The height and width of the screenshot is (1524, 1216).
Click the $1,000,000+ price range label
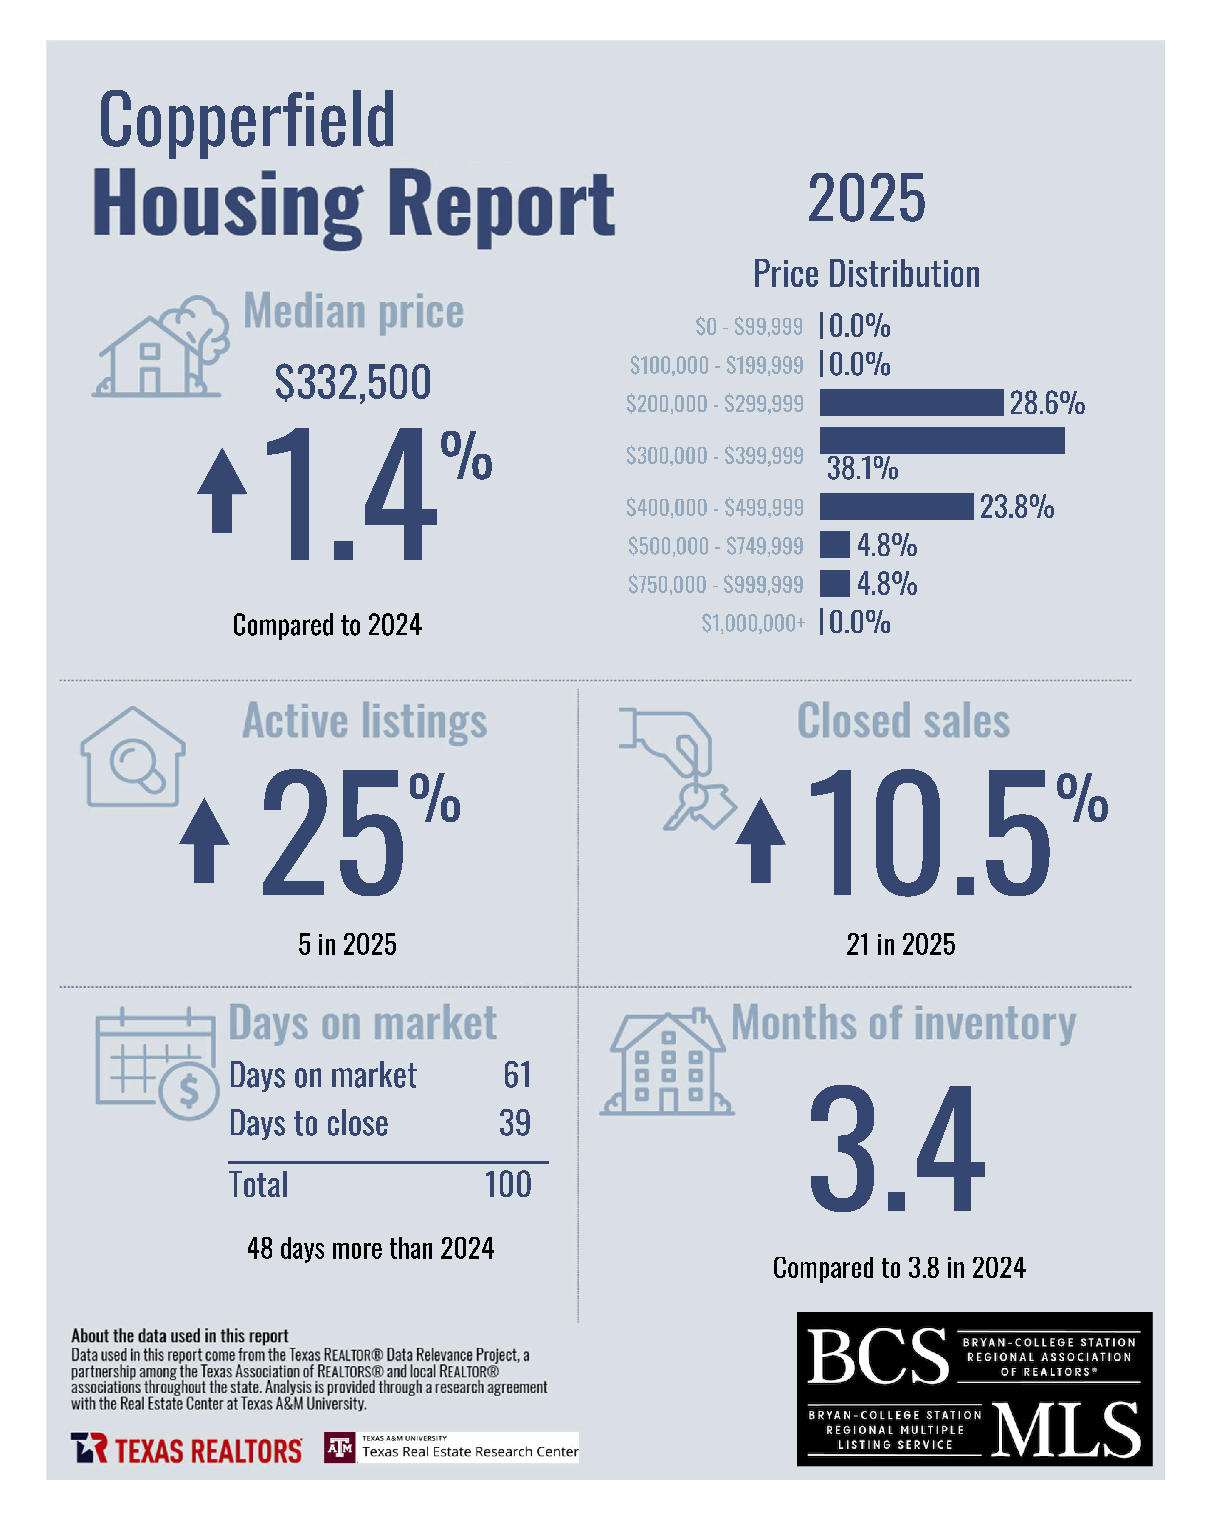(752, 623)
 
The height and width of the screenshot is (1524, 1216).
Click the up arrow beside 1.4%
(222, 491)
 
